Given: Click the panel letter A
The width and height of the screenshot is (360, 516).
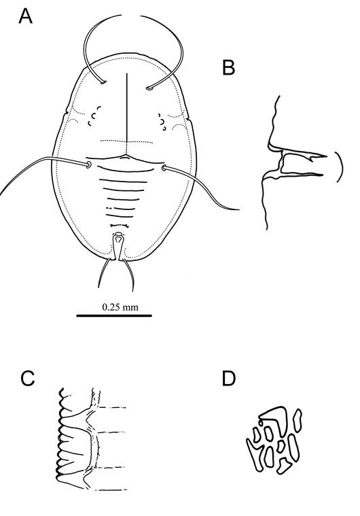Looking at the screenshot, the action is pos(25,16).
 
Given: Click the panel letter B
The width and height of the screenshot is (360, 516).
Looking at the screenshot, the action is pos(229,68).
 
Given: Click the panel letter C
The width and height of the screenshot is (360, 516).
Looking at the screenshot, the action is pos(28,379).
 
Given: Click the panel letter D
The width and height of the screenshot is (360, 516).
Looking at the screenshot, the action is pos(229,379).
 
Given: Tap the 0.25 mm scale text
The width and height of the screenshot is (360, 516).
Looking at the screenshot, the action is pos(120,307).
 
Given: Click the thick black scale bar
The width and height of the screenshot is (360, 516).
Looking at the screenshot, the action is pos(114,315).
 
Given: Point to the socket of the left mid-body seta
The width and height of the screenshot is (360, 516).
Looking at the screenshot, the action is pos(88,165).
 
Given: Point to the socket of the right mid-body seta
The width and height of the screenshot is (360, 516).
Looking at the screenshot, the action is pos(164,169).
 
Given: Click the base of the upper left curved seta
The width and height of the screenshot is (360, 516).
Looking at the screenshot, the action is pos(103,82).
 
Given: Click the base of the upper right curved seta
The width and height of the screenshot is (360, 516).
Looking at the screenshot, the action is pos(149,88).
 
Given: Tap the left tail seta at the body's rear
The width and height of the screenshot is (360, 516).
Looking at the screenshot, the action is pos(104,272).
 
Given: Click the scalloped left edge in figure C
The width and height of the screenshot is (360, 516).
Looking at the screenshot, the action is pos(60,438).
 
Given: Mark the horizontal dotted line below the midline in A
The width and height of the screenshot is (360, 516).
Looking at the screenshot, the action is pos(127,142).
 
